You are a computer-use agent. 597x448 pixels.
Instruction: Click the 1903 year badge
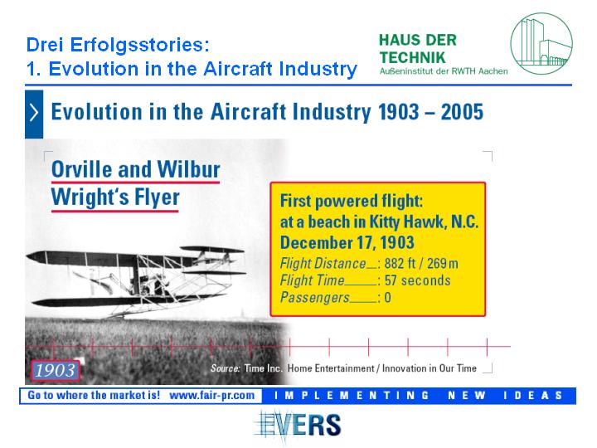tap(56, 370)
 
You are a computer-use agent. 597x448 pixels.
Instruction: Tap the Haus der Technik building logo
tap(541, 43)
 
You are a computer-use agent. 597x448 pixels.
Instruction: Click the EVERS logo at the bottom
tap(298, 425)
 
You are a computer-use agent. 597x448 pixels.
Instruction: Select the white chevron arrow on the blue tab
tap(34, 113)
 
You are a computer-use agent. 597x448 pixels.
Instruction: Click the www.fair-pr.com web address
tap(211, 395)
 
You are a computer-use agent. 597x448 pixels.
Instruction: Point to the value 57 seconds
tap(417, 280)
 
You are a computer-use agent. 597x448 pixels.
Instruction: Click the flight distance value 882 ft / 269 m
tap(421, 263)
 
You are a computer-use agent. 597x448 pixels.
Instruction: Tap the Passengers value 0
tap(387, 297)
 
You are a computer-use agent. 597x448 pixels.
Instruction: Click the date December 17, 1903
tap(347, 242)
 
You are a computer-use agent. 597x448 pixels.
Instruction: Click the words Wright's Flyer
tap(115, 197)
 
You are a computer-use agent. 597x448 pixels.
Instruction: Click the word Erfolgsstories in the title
tap(139, 45)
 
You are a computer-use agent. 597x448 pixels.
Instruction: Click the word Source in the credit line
tap(226, 368)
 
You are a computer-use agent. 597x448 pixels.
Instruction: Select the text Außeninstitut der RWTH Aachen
tap(444, 71)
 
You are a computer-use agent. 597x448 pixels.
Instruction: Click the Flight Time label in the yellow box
tap(313, 280)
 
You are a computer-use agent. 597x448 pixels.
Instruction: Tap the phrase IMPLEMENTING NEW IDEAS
tap(418, 396)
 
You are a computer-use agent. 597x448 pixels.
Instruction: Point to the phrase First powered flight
tap(352, 201)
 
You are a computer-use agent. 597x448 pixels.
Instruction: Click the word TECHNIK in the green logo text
tap(412, 57)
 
